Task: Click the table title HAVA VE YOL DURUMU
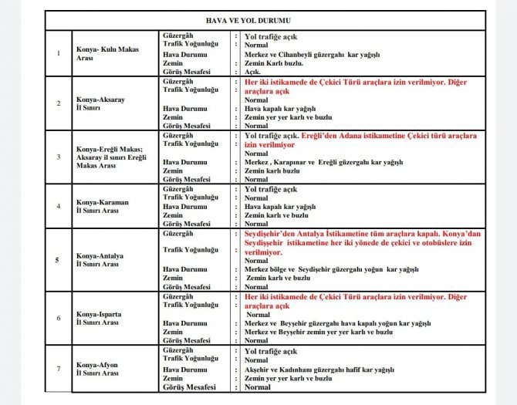tap(258, 18)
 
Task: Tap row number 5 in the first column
tap(59, 259)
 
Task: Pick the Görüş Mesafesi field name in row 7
tap(189, 387)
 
